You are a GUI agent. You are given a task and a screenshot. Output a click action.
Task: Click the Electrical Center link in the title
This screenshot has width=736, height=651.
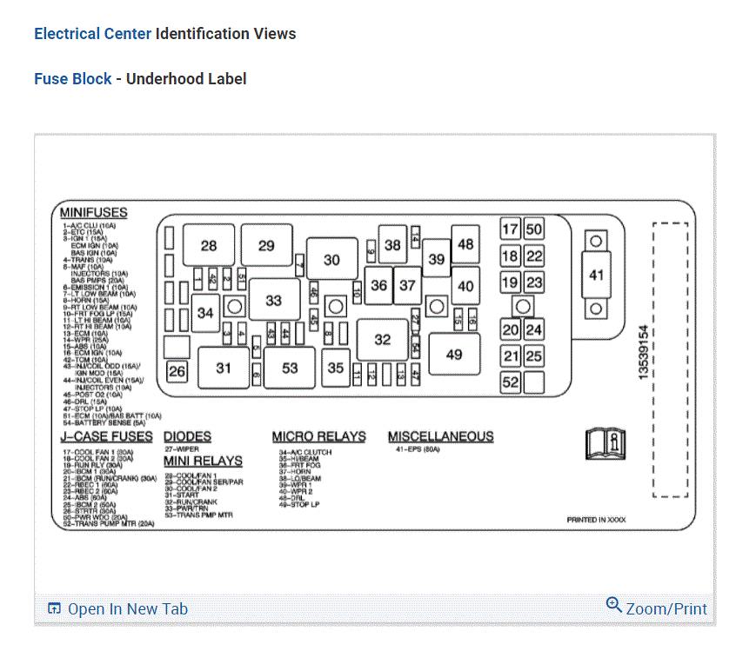click(92, 34)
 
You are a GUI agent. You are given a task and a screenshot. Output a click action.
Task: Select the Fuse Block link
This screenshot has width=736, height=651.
click(73, 79)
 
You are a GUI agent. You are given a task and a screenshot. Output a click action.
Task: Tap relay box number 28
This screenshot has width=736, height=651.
click(209, 246)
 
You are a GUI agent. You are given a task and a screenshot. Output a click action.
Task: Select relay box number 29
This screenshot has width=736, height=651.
click(266, 246)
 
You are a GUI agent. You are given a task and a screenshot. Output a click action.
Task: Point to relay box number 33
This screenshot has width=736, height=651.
click(274, 301)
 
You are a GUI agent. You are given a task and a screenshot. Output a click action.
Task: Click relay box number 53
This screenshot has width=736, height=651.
click(290, 368)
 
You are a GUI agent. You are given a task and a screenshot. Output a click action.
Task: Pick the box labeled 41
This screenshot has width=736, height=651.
click(596, 276)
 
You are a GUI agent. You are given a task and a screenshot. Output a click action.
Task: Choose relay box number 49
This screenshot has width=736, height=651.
click(454, 355)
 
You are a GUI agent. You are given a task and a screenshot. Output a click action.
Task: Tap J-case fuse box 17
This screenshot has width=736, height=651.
click(510, 230)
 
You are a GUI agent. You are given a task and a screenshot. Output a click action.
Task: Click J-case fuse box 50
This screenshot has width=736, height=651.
click(533, 230)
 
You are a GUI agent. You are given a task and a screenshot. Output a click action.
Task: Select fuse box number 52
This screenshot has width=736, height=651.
click(510, 382)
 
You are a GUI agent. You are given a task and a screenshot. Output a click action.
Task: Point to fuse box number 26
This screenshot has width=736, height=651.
click(177, 372)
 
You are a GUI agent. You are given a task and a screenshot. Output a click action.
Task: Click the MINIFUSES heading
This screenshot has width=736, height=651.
click(94, 213)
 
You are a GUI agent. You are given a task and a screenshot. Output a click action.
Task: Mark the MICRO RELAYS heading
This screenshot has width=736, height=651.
click(318, 436)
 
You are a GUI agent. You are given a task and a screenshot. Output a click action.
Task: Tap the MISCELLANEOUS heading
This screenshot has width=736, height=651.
click(440, 436)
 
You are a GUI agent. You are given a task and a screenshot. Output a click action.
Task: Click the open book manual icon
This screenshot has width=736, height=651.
click(606, 444)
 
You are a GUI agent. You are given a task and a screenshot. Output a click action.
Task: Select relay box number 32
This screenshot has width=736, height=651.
click(383, 340)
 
